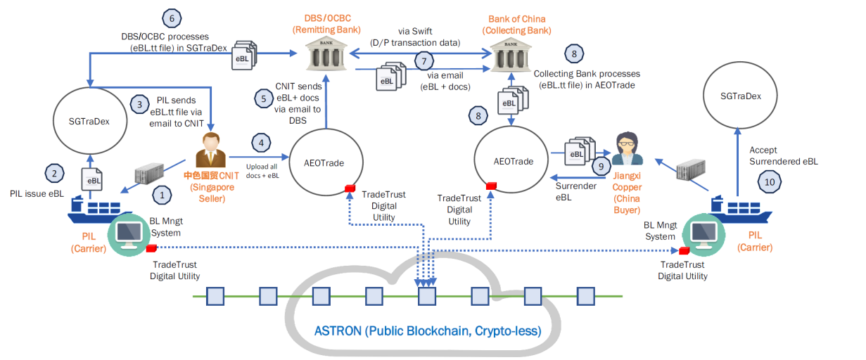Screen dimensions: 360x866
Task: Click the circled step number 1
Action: point(163,193)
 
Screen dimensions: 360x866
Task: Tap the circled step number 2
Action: point(53,172)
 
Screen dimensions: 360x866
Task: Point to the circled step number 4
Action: point(262,143)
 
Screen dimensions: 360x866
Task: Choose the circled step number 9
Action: point(601,166)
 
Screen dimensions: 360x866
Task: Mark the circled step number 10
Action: point(768,182)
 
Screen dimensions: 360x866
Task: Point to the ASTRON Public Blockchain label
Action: point(427,330)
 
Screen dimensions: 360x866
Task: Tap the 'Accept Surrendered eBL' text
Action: point(782,155)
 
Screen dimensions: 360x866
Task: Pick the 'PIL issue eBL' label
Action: point(34,192)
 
